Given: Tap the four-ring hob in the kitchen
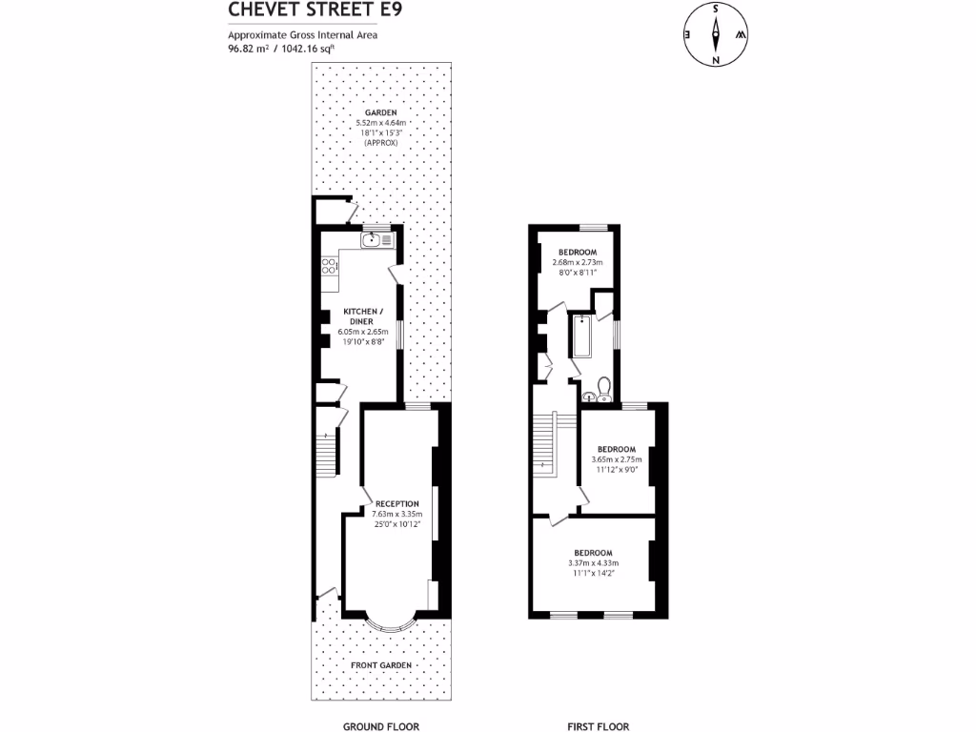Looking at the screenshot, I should pos(329,268).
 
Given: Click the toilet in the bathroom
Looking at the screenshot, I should pos(602,386).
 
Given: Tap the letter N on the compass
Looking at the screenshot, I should pos(715,60).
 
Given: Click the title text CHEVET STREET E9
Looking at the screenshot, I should pos(302,10).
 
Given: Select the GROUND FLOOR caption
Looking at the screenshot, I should pos(381,726).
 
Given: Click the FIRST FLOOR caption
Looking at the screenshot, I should pos(598,726).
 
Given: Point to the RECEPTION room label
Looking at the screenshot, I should pos(397,503).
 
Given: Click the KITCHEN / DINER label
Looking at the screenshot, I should pos(364,316).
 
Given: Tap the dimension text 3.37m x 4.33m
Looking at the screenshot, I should pos(592,563).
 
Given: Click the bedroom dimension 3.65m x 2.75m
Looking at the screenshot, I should pos(617,459).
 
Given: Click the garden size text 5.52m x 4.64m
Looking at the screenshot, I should pos(380,123).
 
